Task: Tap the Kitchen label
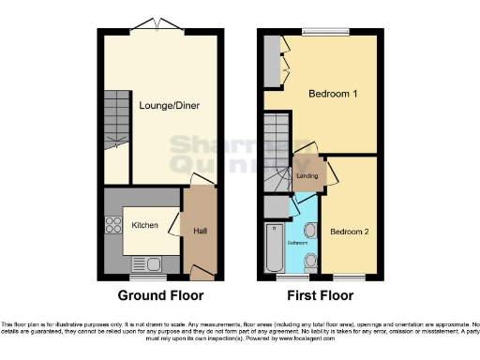[x=143, y=225]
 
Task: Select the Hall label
[x=200, y=231]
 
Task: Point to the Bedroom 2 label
[x=349, y=231]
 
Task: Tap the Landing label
[x=307, y=175]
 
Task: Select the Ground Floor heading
[x=160, y=295]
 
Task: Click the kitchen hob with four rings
[x=114, y=225]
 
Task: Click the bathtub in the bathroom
[x=275, y=247]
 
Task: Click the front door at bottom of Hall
[x=199, y=274]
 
